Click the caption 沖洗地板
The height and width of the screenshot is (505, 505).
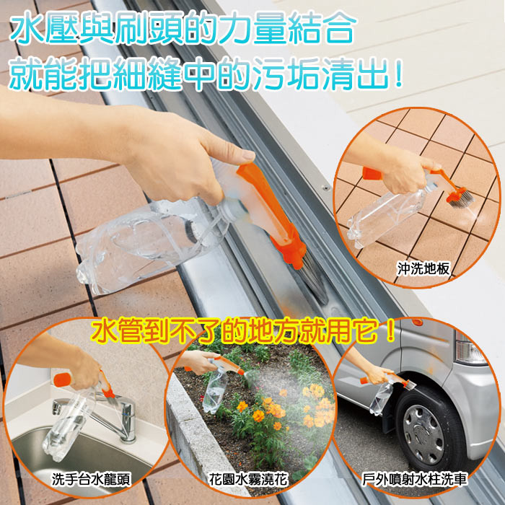[423, 268]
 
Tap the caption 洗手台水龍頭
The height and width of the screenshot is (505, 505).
[91, 480]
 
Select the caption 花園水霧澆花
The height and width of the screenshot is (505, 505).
[248, 480]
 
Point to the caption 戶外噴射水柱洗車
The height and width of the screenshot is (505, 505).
[415, 479]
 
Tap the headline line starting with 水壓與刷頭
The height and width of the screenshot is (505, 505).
[183, 28]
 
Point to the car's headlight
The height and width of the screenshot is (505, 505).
[470, 348]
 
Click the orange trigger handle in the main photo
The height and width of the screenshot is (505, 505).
[271, 213]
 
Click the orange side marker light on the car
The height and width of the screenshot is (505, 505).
[417, 322]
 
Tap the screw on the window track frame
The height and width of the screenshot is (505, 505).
[327, 188]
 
